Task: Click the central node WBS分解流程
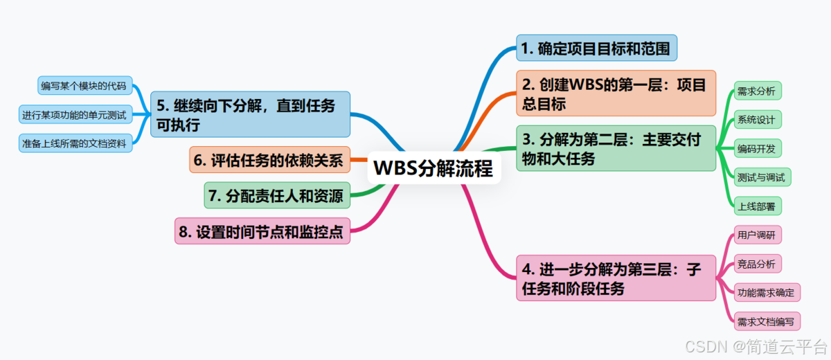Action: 434,168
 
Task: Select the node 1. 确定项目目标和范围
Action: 596,48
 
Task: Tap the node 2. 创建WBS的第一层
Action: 616,93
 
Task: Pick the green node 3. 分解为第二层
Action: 616,149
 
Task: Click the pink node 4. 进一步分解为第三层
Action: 616,278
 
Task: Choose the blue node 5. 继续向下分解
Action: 250,114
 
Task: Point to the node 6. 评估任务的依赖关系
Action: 269,160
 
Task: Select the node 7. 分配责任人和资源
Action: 277,196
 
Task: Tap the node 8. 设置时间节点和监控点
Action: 262,232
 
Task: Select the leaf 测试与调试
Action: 762,177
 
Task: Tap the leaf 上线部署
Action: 756,206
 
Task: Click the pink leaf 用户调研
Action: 756,235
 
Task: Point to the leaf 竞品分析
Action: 756,263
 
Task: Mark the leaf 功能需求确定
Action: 766,292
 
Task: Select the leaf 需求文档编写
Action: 766,321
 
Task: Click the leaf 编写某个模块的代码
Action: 84,86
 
